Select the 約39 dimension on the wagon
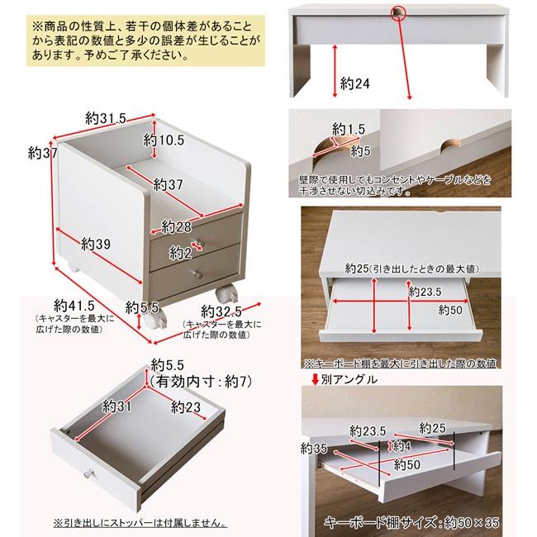pyautogui.click(x=96, y=244)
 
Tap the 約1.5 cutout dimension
pyautogui.click(x=349, y=129)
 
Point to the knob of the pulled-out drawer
pyautogui.click(x=88, y=474)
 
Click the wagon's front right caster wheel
pyautogui.click(x=225, y=292)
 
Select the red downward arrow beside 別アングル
pyautogui.click(x=315, y=380)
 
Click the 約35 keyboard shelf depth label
pyautogui.click(x=313, y=448)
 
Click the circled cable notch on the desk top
pyautogui.click(x=400, y=12)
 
